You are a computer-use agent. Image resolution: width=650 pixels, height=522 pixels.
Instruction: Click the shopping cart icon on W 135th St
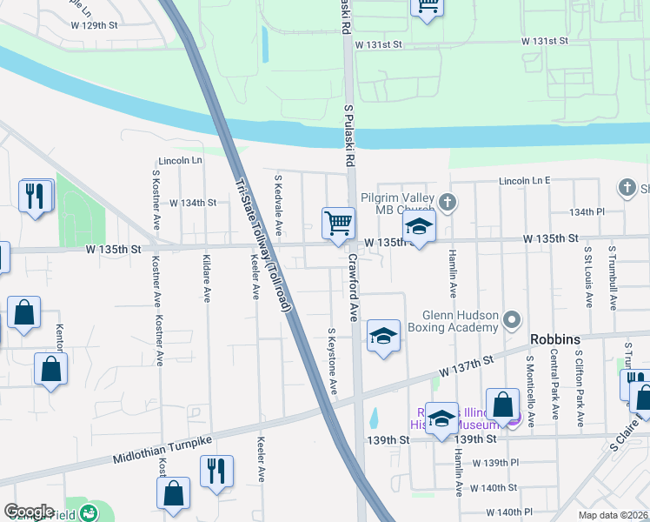(x=338, y=223)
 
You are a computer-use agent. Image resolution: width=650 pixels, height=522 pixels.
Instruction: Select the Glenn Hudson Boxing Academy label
(x=460, y=321)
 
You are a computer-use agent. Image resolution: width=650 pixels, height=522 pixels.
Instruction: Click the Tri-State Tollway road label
(x=266, y=246)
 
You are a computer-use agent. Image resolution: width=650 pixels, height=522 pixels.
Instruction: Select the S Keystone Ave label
(x=332, y=360)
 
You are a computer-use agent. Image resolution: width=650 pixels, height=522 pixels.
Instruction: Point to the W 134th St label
(x=192, y=203)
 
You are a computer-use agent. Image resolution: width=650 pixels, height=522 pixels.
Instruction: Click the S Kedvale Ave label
(x=278, y=204)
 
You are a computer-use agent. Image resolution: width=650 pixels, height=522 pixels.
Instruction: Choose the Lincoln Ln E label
(x=525, y=181)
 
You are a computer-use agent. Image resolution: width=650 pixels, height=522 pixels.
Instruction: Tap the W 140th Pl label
(x=509, y=512)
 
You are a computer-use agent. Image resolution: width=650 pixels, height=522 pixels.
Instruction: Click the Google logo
(x=29, y=512)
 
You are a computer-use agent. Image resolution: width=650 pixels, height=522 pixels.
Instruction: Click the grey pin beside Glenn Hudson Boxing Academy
(x=512, y=321)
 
